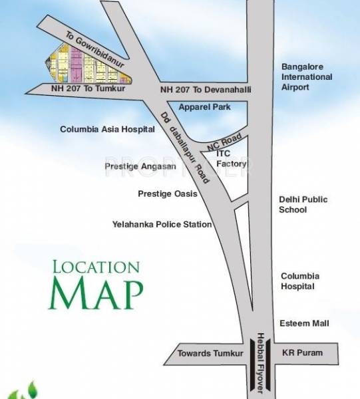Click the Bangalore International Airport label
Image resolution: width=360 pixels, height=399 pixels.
click(x=306, y=76)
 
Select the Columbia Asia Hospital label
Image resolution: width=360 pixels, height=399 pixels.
click(x=103, y=129)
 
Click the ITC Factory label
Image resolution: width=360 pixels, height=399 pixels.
click(x=232, y=158)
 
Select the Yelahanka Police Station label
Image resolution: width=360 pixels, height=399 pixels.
click(x=162, y=225)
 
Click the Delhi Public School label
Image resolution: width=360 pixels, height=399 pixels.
click(x=303, y=204)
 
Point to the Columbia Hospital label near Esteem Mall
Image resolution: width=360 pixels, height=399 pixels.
click(x=300, y=281)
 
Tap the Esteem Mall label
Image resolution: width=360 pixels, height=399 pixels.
click(x=305, y=323)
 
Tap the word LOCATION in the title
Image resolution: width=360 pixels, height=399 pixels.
click(x=96, y=267)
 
